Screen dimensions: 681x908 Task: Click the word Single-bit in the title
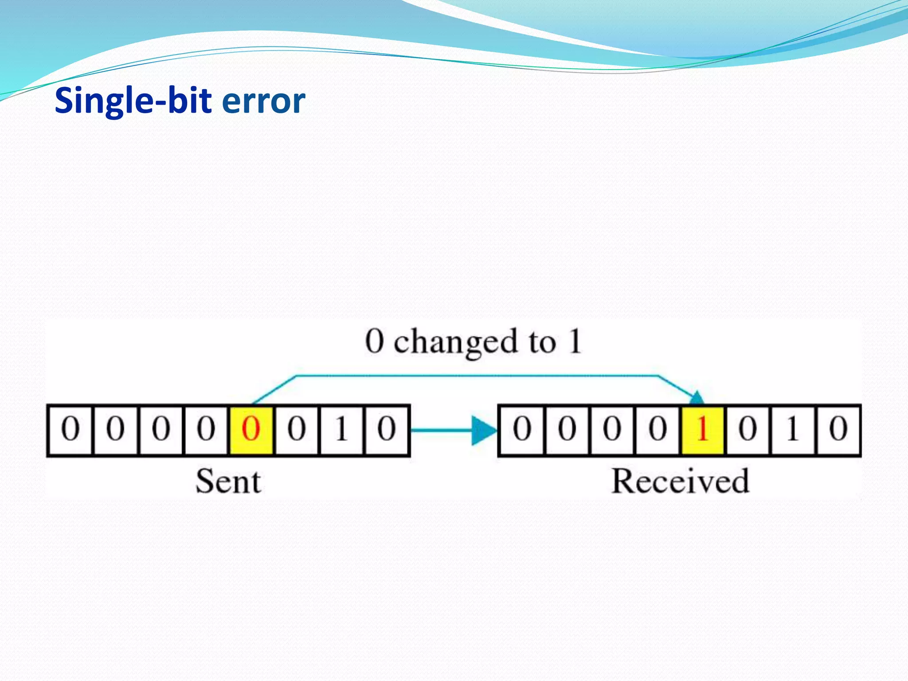click(133, 101)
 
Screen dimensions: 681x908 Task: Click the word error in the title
click(263, 101)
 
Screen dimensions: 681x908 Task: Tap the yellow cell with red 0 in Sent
click(251, 430)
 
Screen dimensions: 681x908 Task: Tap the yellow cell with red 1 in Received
click(702, 430)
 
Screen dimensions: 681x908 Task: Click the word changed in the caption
click(455, 343)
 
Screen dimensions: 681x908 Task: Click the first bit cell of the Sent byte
click(70, 430)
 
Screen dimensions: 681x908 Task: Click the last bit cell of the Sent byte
click(386, 430)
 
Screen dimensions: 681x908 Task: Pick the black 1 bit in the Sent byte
click(341, 430)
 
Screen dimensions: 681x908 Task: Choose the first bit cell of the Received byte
click(522, 430)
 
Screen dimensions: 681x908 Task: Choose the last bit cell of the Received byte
click(838, 430)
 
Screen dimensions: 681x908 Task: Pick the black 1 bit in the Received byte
click(793, 430)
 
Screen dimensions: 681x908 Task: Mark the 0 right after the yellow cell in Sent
click(296, 430)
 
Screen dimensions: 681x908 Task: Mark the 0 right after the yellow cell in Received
click(748, 430)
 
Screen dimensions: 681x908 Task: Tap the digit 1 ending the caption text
click(575, 341)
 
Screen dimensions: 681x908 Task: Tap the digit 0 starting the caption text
click(375, 341)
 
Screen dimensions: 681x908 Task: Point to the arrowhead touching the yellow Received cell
click(697, 397)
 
